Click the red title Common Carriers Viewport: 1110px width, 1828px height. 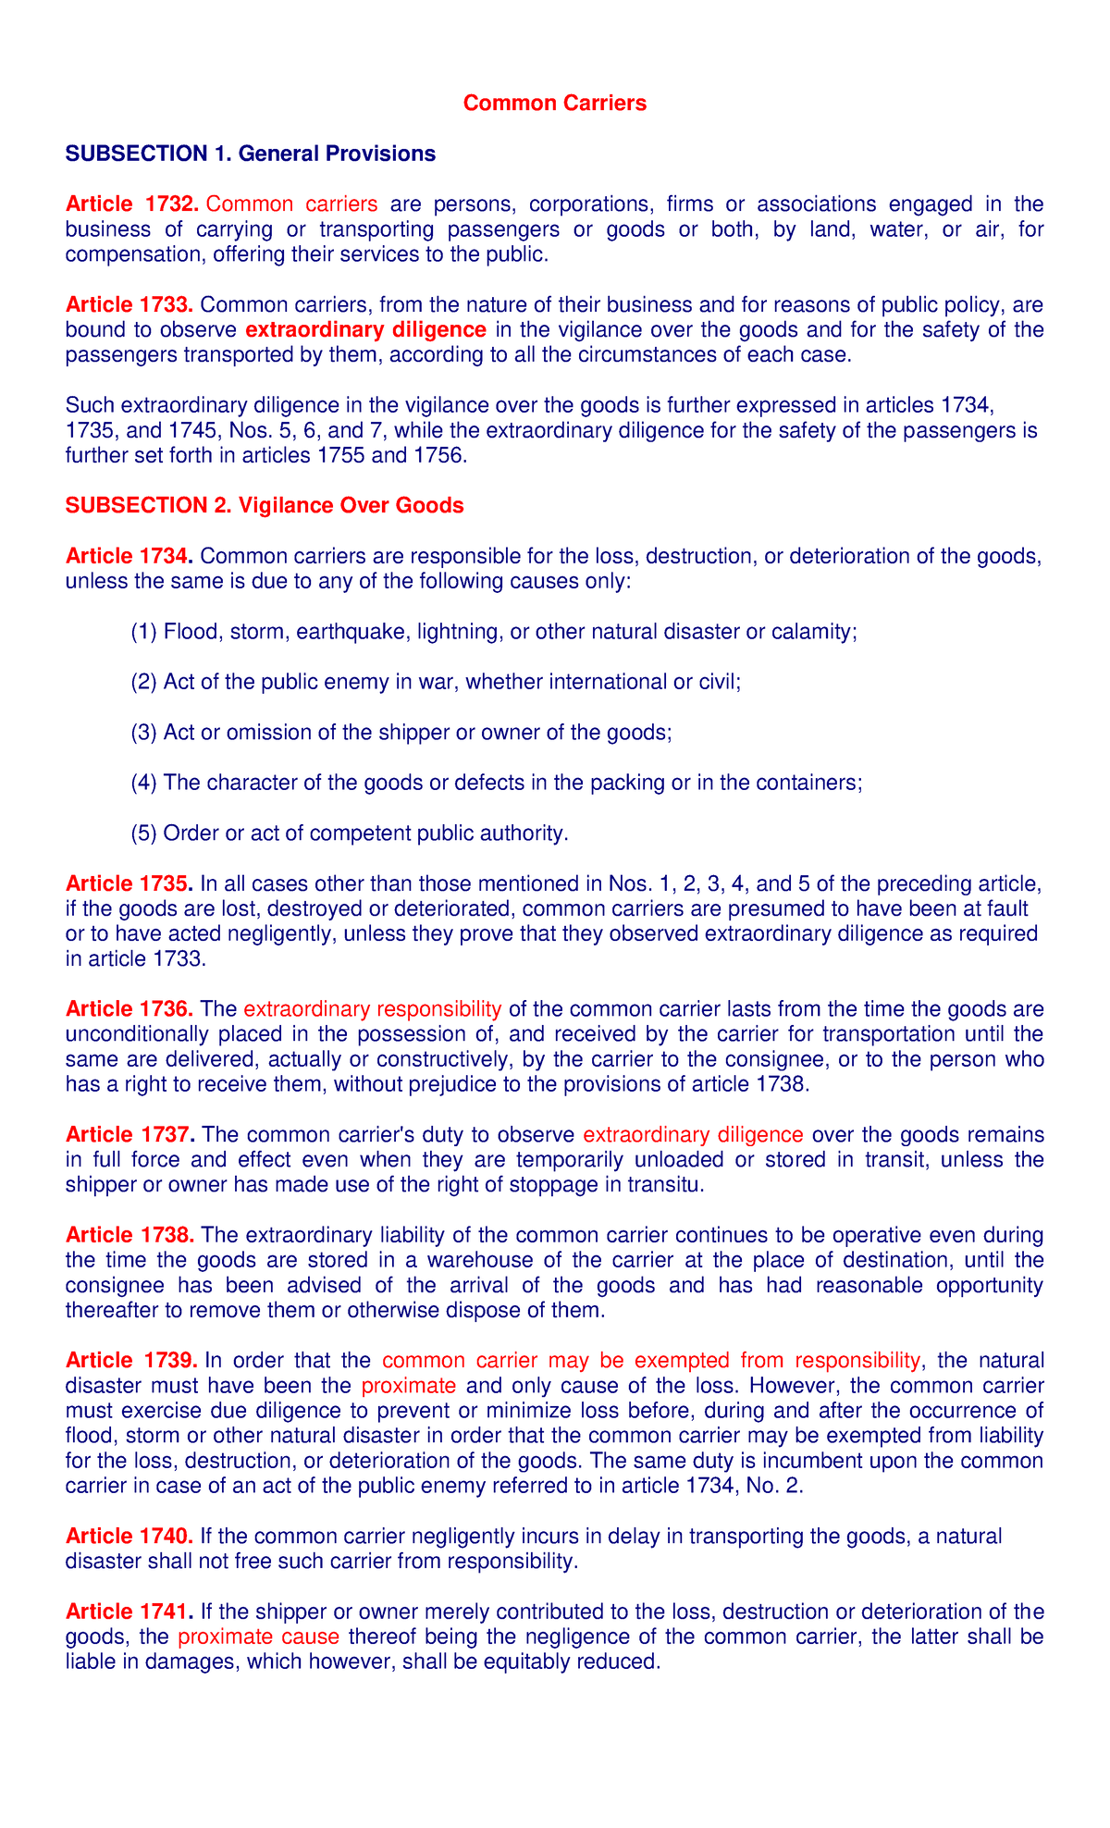point(554,104)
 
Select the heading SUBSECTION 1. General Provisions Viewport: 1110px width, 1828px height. point(250,154)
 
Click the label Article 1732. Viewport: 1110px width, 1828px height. point(132,204)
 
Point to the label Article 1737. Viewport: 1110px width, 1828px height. point(130,1134)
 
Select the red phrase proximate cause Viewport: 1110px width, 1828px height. point(258,1637)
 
